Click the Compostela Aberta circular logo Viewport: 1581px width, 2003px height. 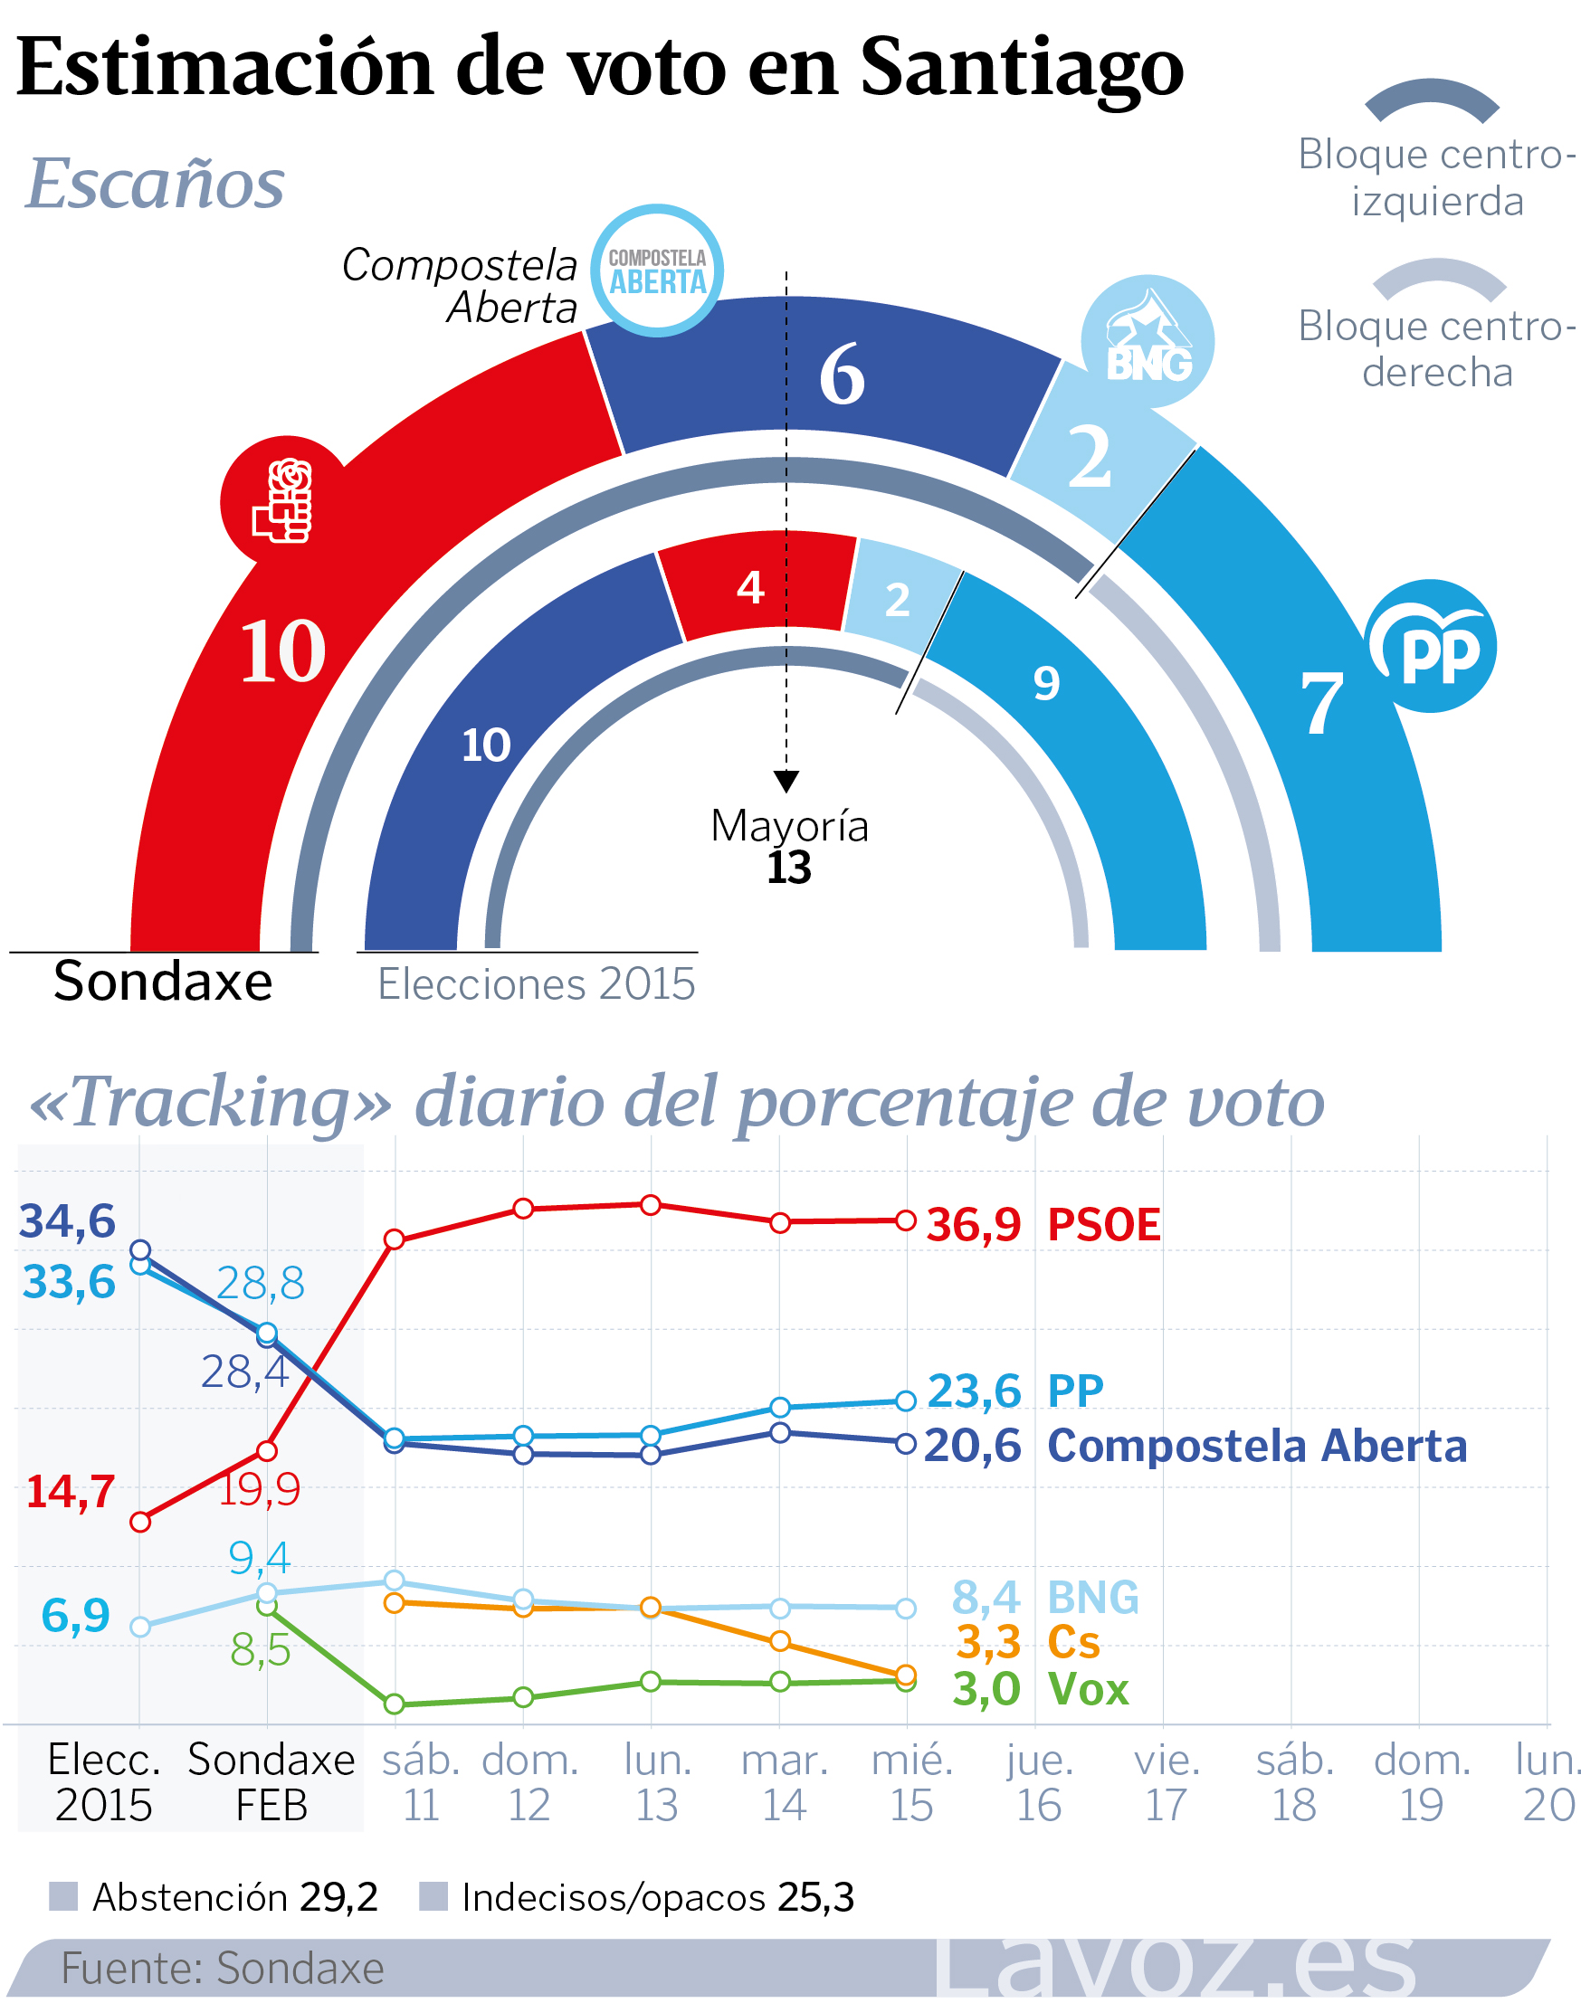[657, 271]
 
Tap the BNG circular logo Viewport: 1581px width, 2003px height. [1148, 341]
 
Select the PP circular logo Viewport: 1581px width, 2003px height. [1430, 647]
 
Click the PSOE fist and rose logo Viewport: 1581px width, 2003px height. [284, 500]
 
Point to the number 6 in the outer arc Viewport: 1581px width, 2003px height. [843, 375]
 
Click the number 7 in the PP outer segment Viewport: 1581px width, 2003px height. [1322, 704]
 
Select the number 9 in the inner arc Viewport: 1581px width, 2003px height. [1046, 684]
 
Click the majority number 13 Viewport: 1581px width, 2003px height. [788, 868]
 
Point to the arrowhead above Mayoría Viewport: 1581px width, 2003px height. [786, 782]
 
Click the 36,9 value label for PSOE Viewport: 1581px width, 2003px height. [974, 1225]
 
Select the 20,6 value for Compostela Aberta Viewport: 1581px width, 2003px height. [973, 1446]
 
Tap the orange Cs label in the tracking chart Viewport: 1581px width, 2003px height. [1073, 1642]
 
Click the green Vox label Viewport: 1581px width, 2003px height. [1089, 1689]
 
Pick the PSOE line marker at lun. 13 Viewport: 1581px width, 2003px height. [651, 1204]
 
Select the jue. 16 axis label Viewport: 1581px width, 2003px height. [1040, 1782]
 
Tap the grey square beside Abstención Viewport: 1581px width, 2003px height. [63, 1896]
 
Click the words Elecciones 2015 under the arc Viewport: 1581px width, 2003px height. [536, 984]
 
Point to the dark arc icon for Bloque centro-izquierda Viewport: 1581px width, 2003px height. [1432, 100]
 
